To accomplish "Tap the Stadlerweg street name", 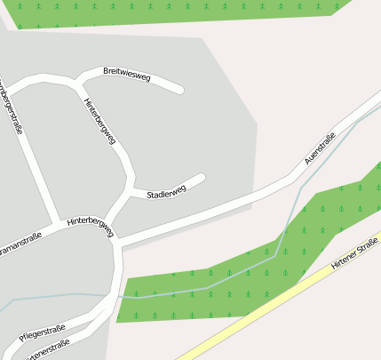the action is (166, 192).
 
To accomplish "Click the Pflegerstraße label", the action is (43, 332).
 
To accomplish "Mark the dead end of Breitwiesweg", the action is (179, 89).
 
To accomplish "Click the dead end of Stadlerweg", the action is (202, 178).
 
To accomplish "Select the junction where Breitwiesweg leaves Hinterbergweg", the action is (77, 84).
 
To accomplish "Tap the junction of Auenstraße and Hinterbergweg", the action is (118, 243).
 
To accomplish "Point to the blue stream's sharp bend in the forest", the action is (275, 254).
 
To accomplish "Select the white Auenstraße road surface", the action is (222, 208).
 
